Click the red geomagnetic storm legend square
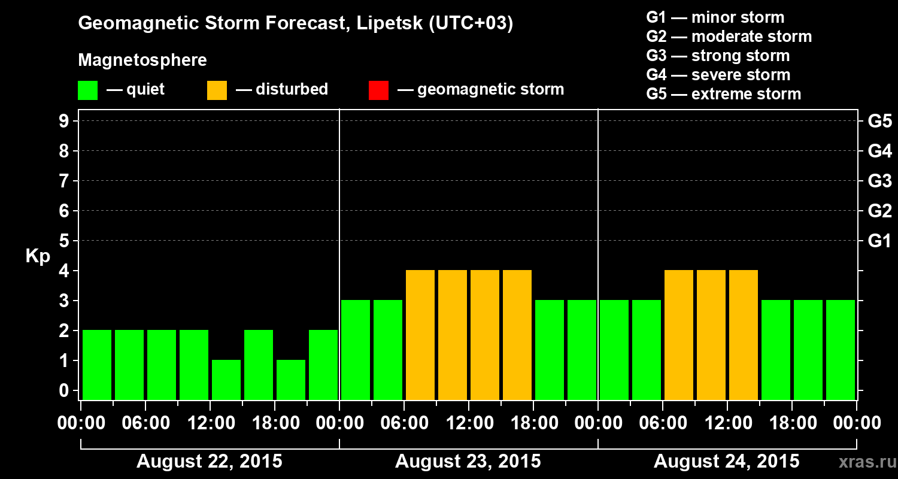coord(378,90)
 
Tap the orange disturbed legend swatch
coord(217,90)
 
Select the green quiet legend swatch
coord(87,90)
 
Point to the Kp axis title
coord(38,256)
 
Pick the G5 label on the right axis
coord(879,122)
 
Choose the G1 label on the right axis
coord(879,241)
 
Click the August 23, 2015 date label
coord(468,462)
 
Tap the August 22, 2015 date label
coord(210,462)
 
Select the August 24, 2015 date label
coord(726,462)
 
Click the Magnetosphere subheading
coord(142,60)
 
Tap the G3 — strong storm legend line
coord(718,56)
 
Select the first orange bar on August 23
coord(420,335)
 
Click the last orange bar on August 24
coord(744,335)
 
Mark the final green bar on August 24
coord(841,350)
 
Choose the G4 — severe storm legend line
coord(718,75)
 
